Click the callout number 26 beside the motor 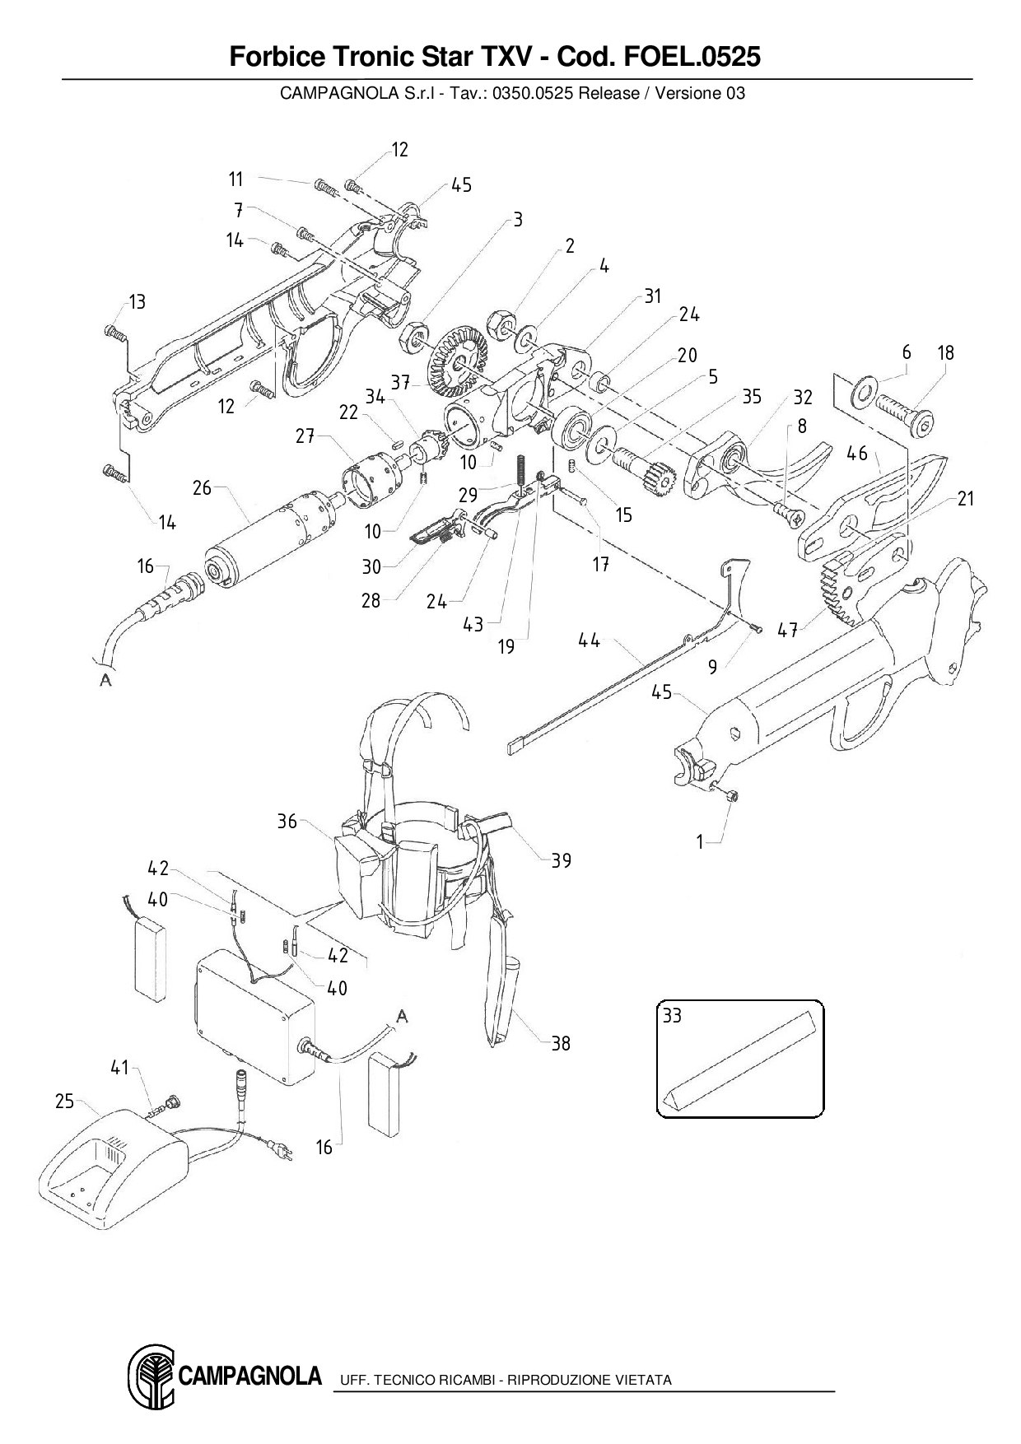pyautogui.click(x=202, y=488)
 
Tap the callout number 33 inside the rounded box pyautogui.click(x=672, y=1016)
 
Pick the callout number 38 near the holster pyautogui.click(x=561, y=1044)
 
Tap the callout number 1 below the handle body pyautogui.click(x=700, y=843)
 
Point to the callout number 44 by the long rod pyautogui.click(x=589, y=640)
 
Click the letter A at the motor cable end pyautogui.click(x=105, y=680)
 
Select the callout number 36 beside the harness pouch pyautogui.click(x=287, y=822)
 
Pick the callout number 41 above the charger pyautogui.click(x=120, y=1068)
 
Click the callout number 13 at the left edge pyautogui.click(x=137, y=302)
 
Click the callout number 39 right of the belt pyautogui.click(x=561, y=860)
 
